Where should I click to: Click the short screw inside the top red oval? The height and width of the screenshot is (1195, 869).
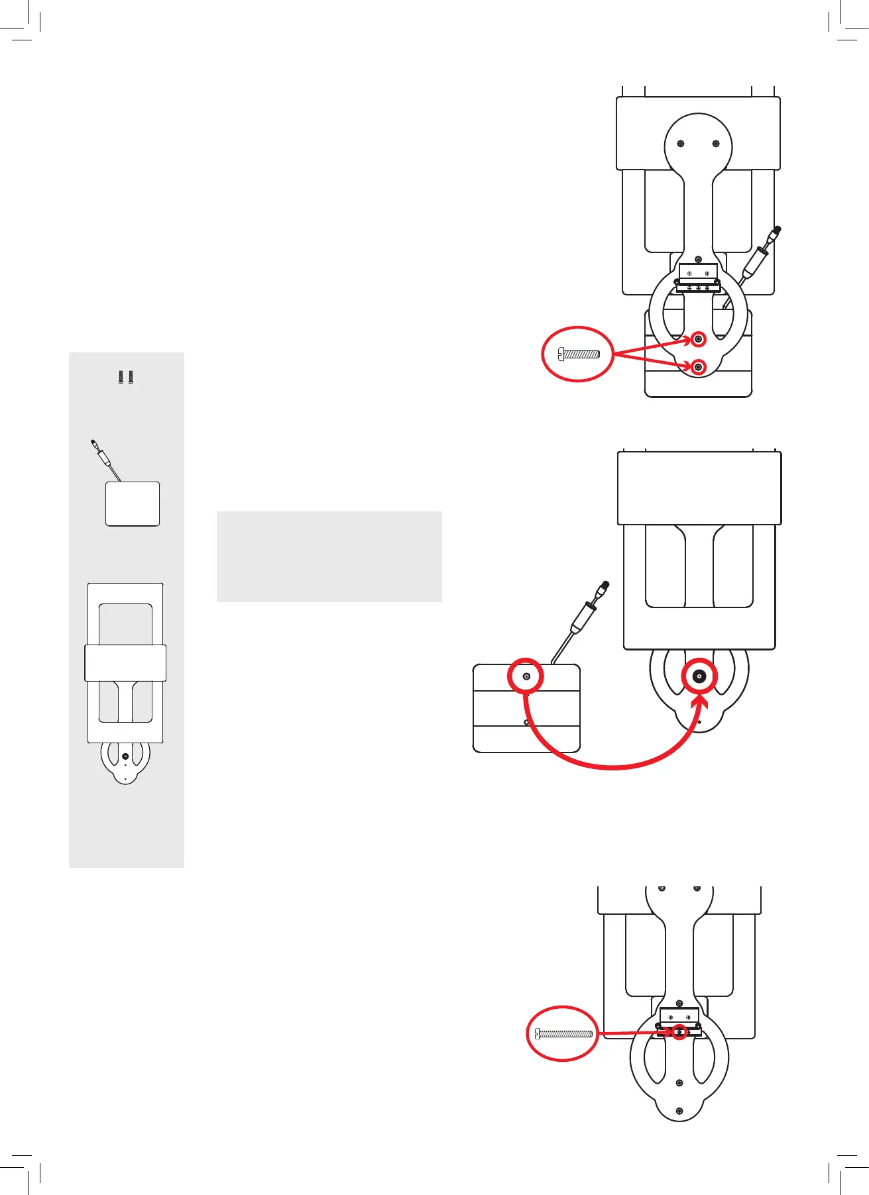click(x=579, y=354)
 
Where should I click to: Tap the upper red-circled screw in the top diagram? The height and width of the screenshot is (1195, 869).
click(x=698, y=339)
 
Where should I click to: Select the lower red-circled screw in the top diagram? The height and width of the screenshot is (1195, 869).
click(x=698, y=366)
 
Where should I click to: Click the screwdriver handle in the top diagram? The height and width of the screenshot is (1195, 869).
click(x=756, y=261)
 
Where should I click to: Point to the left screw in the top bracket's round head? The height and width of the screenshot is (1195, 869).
click(x=681, y=144)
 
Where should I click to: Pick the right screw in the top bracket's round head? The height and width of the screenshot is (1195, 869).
click(x=715, y=144)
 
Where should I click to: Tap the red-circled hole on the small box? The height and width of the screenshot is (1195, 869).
click(x=526, y=676)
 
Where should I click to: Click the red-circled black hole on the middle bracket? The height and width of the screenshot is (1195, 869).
click(x=699, y=676)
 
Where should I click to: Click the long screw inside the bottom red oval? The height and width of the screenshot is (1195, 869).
click(x=563, y=1033)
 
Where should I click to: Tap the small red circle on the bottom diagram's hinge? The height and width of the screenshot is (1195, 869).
click(x=679, y=1032)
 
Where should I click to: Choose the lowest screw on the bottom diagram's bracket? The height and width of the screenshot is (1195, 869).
click(x=679, y=1111)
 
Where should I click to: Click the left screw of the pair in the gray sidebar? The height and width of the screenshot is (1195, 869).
click(x=121, y=378)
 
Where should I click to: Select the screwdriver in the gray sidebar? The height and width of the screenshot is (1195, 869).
click(x=105, y=456)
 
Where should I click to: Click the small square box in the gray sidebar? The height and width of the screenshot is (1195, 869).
click(x=133, y=504)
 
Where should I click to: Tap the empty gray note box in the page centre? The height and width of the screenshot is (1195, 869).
click(x=329, y=556)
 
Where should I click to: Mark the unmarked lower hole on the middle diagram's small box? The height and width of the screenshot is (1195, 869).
click(x=526, y=722)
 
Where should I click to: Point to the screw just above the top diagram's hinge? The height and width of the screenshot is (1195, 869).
click(x=698, y=259)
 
